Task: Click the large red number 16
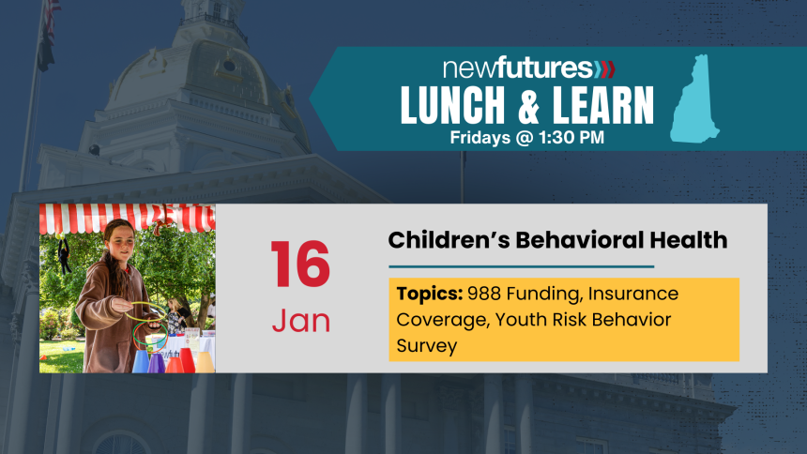[x=300, y=265]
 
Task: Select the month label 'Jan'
[x=300, y=321]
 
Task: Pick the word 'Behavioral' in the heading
[x=574, y=240]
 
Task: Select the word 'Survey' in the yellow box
[x=426, y=346]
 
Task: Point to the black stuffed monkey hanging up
[x=63, y=256]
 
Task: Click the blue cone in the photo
[x=141, y=361]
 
